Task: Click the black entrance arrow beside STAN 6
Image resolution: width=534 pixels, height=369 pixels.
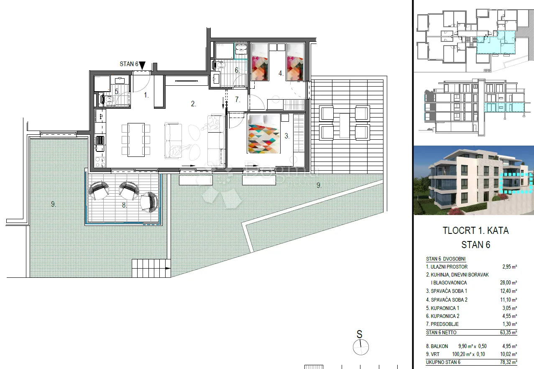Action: tap(142, 65)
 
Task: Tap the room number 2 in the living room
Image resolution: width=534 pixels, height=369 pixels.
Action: tap(193, 103)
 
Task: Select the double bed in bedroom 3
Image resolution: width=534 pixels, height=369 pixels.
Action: tap(264, 133)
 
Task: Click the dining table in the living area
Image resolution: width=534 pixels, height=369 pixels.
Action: tap(136, 140)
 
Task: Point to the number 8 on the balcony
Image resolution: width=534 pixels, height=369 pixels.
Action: tap(124, 205)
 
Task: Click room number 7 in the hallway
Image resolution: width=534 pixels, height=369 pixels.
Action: tap(238, 100)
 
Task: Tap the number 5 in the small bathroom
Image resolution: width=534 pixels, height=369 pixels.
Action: tap(117, 91)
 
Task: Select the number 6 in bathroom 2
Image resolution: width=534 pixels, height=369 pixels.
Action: tap(237, 70)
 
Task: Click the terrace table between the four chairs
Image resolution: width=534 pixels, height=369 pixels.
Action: tap(345, 126)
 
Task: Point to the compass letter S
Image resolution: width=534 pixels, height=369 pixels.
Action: tap(359, 334)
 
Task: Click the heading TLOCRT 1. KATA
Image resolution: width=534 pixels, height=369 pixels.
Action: tap(475, 231)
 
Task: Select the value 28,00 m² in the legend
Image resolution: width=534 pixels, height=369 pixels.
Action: tap(508, 283)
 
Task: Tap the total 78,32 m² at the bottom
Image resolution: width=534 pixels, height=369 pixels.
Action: tap(508, 362)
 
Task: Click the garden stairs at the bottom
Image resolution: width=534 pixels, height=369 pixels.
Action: tap(151, 268)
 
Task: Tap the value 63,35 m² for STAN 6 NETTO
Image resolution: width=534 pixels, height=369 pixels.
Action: tap(508, 332)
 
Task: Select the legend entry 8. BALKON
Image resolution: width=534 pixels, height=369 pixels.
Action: tap(437, 346)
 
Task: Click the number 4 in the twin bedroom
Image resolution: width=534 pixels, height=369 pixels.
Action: tap(281, 73)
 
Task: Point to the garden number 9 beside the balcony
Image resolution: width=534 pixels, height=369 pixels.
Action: tap(53, 204)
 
